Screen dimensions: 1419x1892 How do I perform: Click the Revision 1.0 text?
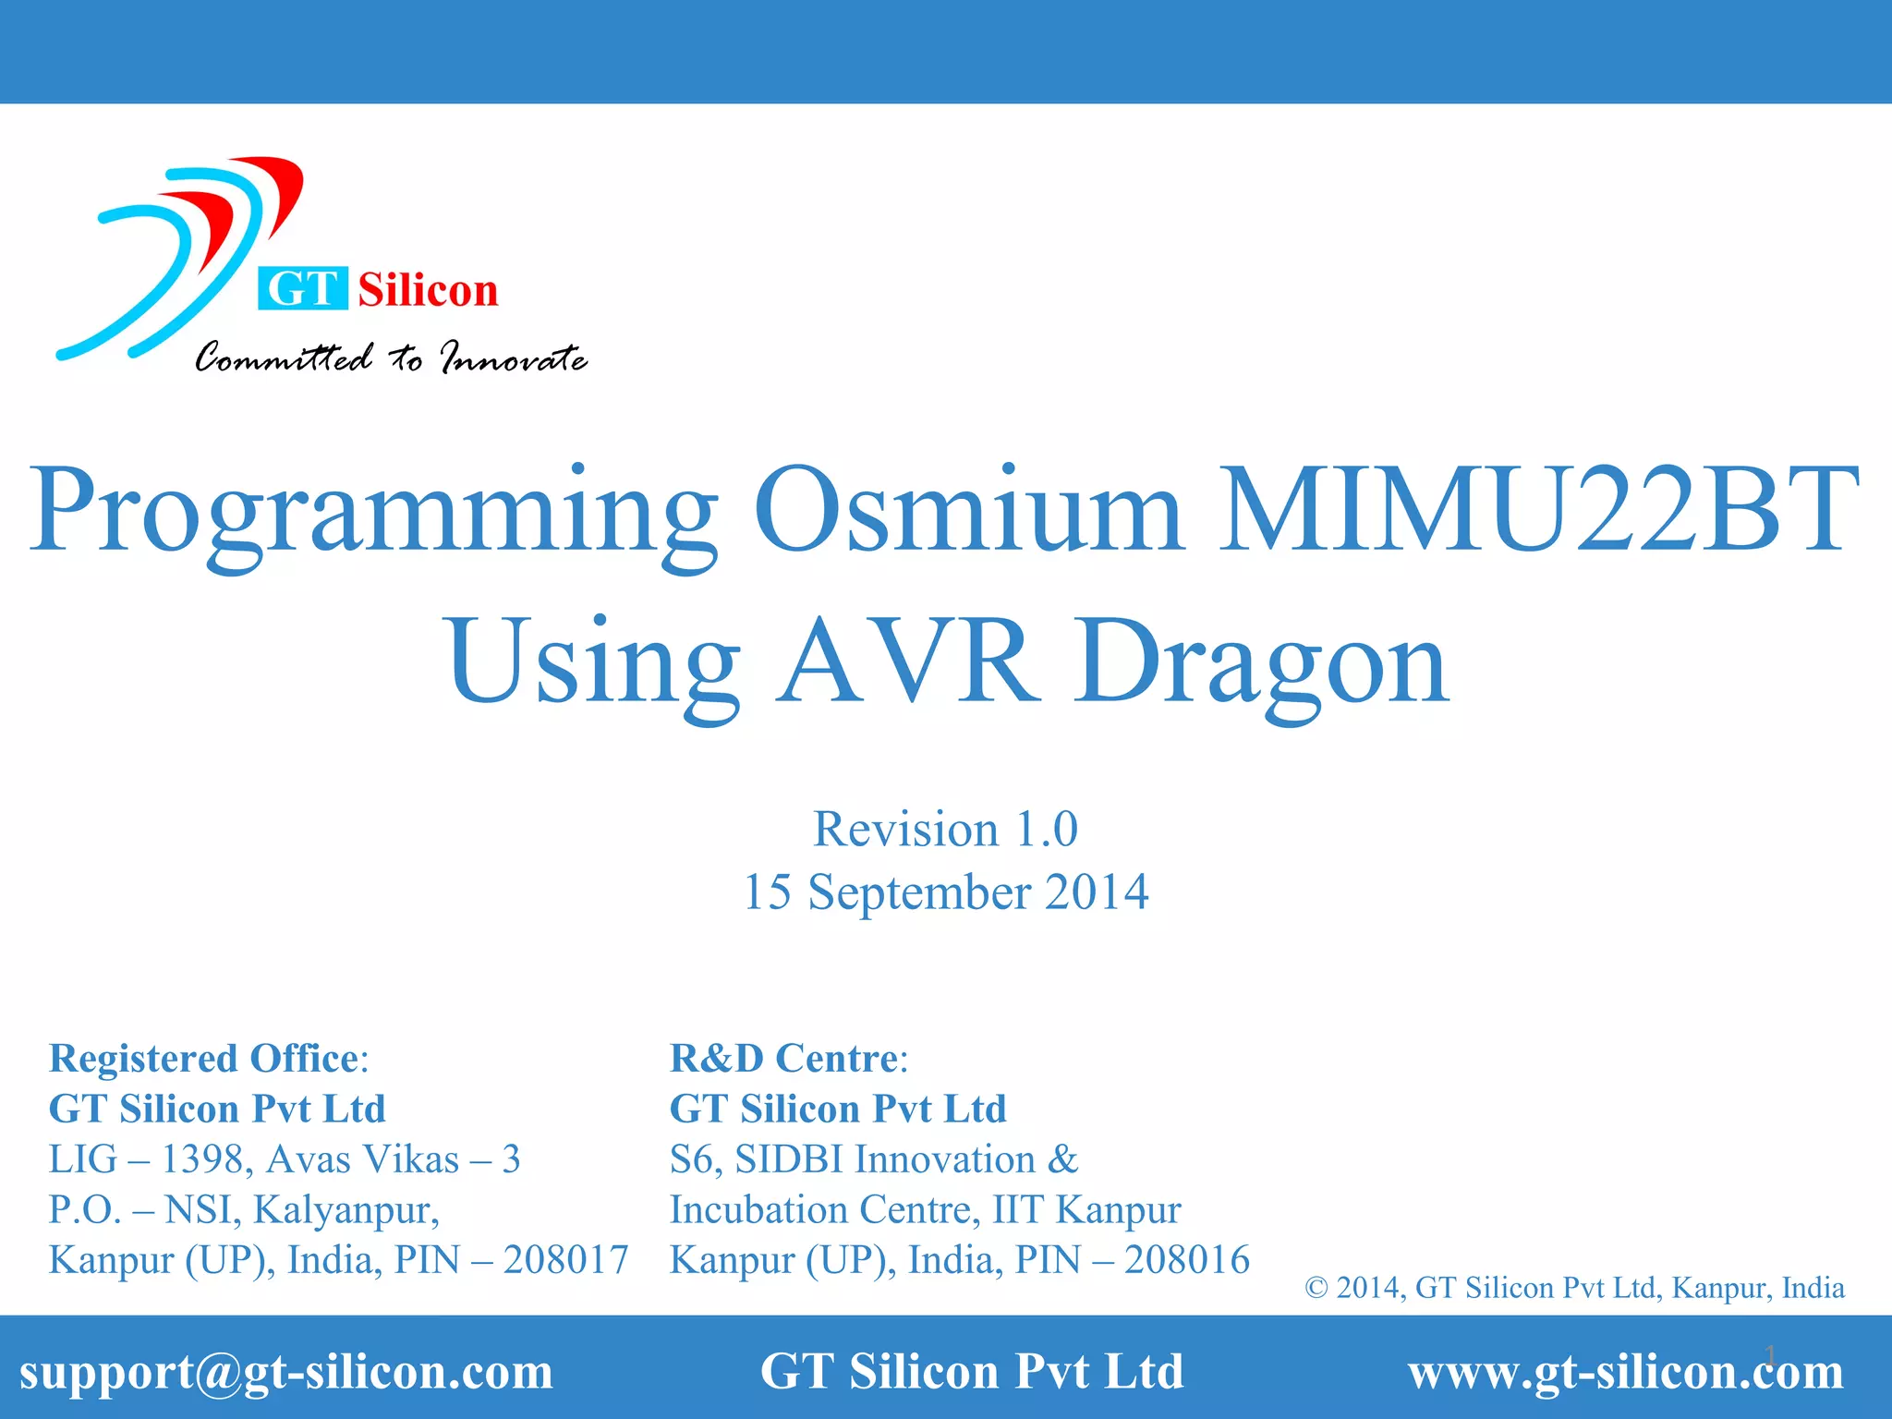pyautogui.click(x=945, y=829)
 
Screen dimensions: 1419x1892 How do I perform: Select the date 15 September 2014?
pyautogui.click(x=945, y=892)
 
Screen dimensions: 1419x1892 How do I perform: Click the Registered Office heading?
pyautogui.click(x=209, y=1059)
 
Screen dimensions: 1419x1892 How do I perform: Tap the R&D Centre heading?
pyautogui.click(x=788, y=1059)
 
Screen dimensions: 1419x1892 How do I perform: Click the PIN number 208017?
pyautogui.click(x=565, y=1260)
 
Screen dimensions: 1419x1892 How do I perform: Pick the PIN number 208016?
pyautogui.click(x=1186, y=1260)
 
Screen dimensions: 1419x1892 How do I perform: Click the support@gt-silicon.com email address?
pyautogui.click(x=286, y=1371)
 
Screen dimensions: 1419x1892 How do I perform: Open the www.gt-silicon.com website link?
pyautogui.click(x=1625, y=1371)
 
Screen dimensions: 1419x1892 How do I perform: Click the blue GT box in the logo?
pyautogui.click(x=302, y=288)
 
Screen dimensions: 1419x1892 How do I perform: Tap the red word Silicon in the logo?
pyautogui.click(x=428, y=290)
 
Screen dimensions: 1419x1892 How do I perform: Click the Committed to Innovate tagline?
pyautogui.click(x=390, y=358)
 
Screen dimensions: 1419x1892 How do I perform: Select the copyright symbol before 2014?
pyautogui.click(x=1316, y=1288)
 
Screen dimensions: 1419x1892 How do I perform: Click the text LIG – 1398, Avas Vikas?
pyautogui.click(x=254, y=1159)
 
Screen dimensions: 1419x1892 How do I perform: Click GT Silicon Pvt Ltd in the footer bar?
pyautogui.click(x=971, y=1371)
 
